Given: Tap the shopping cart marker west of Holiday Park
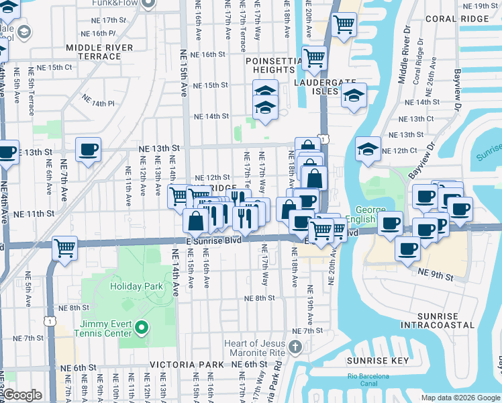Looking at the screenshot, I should coord(65,248).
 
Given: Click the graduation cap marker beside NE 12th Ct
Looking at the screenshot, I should coord(367,149).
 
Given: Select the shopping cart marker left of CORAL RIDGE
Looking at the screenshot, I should coord(344,25).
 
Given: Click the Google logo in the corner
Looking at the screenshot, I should coord(22,395).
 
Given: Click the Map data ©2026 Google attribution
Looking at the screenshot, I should coord(460,398).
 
